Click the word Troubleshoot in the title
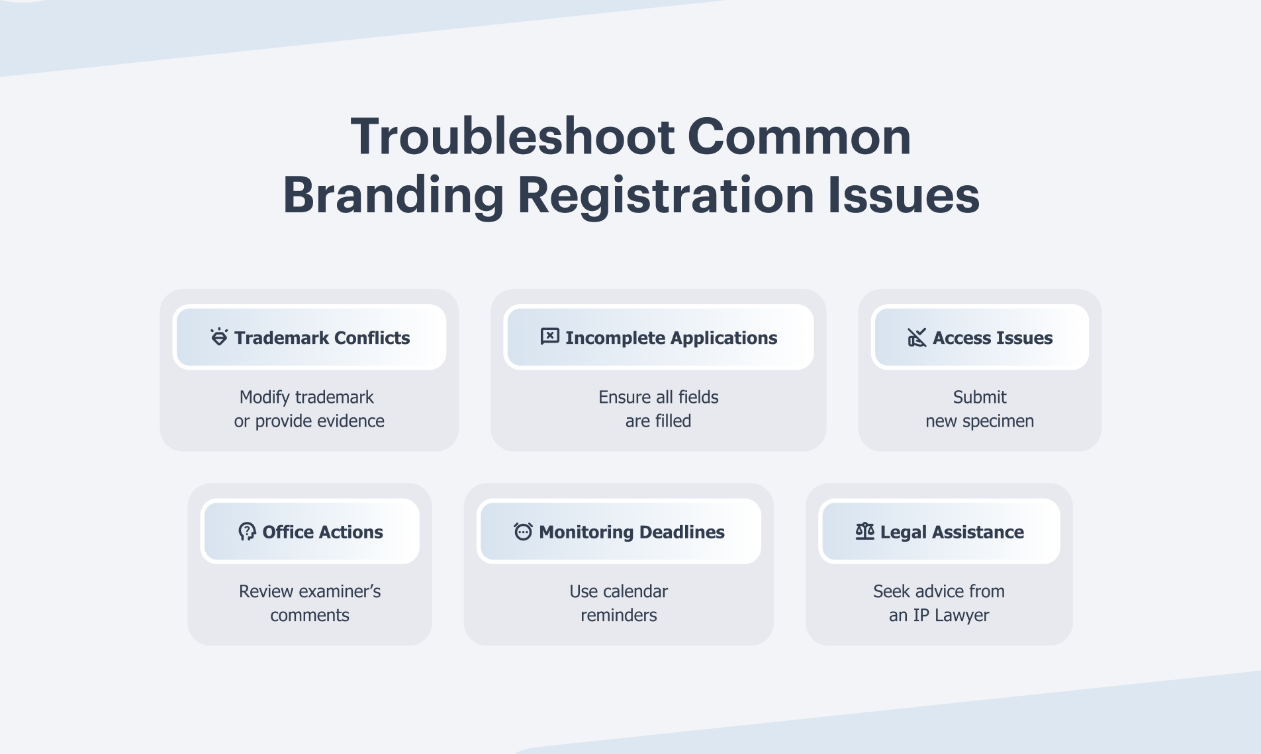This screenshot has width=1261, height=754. (x=512, y=136)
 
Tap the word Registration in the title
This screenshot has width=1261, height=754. (x=666, y=196)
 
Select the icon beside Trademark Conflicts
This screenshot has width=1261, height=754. (x=219, y=337)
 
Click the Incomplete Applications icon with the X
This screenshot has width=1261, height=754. (x=549, y=337)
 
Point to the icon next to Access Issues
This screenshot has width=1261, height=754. (x=917, y=337)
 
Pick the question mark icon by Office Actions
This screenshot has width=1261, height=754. (x=247, y=531)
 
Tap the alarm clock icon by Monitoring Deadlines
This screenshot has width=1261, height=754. (x=523, y=531)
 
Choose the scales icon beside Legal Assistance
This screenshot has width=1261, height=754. (x=864, y=530)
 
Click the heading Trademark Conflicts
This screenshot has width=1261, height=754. (x=322, y=338)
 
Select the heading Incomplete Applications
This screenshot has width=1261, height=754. (x=671, y=338)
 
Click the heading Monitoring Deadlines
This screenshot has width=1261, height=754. (x=631, y=532)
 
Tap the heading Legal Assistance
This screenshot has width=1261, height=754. (x=952, y=532)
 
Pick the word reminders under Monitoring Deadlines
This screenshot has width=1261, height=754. (x=619, y=616)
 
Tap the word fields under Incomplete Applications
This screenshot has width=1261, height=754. (x=698, y=398)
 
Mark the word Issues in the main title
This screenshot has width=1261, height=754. (x=904, y=196)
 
